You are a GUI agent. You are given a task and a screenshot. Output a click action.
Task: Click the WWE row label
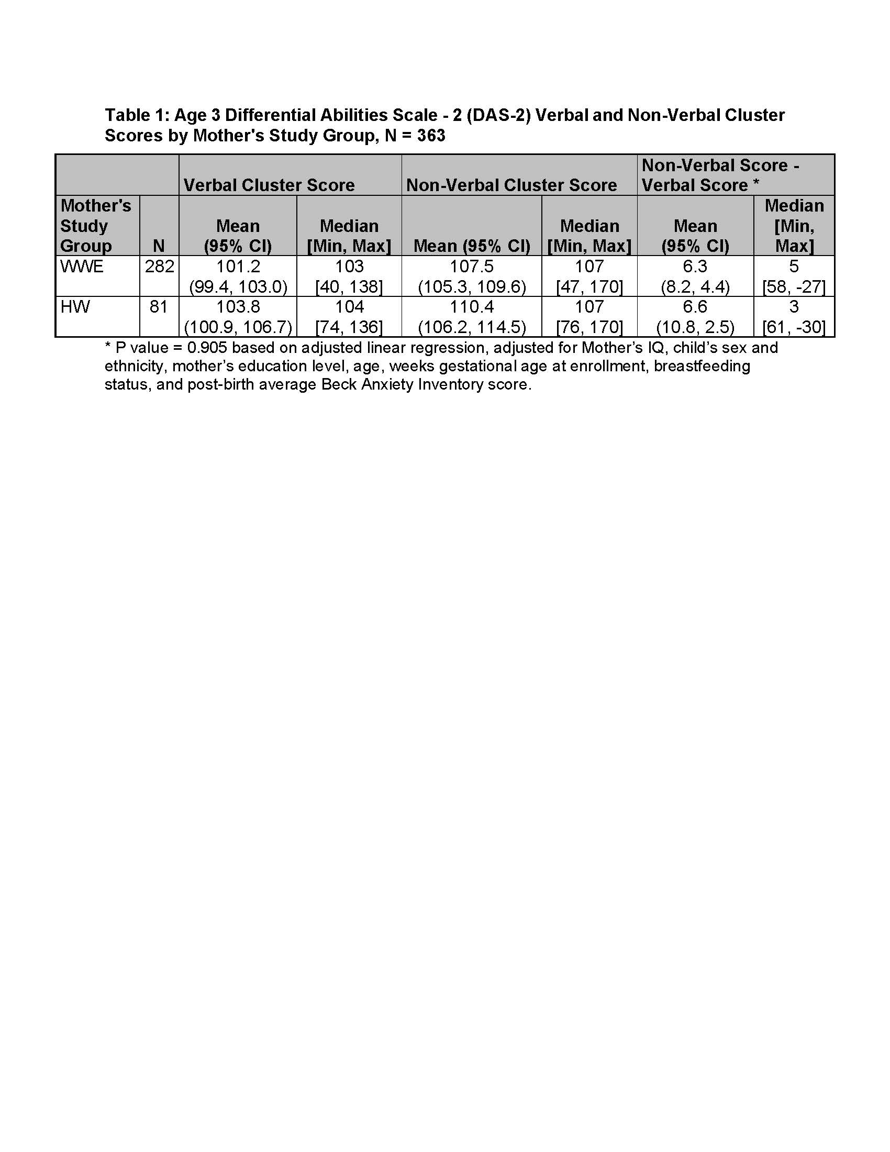pos(82,267)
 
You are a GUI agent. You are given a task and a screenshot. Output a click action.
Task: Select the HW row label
pos(75,306)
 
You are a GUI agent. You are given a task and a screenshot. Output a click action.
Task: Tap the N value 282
pos(159,267)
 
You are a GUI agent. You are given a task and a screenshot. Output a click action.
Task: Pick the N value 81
pos(159,306)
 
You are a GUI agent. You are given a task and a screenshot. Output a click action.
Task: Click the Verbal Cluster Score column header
pos(269,185)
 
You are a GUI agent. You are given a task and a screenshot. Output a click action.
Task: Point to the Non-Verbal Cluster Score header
pos(511,185)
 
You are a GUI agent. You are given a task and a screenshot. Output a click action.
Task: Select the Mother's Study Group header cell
pos(95,226)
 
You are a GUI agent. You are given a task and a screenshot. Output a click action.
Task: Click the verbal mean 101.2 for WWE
pos(238,267)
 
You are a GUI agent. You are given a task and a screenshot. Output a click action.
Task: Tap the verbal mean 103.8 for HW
pos(238,306)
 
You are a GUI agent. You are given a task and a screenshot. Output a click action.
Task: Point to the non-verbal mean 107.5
pos(471,267)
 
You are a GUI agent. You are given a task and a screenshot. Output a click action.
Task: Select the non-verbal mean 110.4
pos(471,306)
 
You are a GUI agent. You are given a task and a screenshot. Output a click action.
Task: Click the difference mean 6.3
pos(695,267)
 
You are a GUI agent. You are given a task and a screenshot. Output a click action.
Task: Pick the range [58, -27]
pos(794,287)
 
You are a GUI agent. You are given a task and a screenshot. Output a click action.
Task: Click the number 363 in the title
pos(431,136)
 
